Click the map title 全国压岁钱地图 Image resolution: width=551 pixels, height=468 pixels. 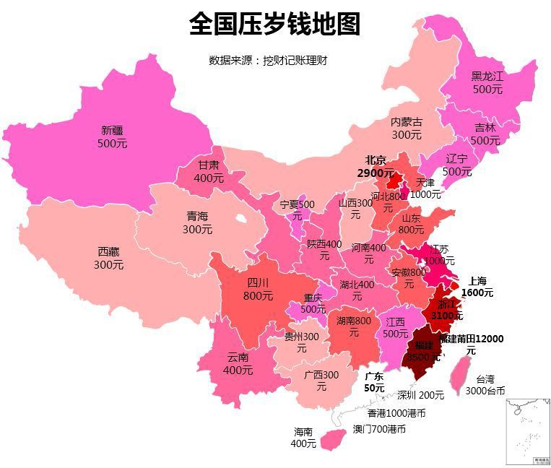click(274, 24)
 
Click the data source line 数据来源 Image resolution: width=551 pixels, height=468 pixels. click(268, 61)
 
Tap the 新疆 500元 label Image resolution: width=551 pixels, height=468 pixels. click(112, 136)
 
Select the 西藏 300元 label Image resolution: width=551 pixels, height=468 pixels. click(108, 258)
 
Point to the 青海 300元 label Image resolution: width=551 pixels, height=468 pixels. click(197, 222)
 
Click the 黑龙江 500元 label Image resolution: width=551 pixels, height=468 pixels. click(487, 82)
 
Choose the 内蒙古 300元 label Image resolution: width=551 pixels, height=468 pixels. click(407, 129)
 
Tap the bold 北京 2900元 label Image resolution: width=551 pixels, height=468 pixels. click(376, 166)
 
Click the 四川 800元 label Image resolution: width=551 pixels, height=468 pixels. click(258, 288)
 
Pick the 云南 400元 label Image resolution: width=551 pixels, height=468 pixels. click(238, 363)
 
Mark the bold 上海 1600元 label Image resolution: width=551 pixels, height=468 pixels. click(477, 287)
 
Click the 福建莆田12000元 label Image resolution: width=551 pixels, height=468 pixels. click(471, 344)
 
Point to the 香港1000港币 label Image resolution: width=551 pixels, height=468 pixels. click(396, 414)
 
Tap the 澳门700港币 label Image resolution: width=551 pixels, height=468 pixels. click(379, 429)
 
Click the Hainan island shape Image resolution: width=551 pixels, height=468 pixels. click(331, 437)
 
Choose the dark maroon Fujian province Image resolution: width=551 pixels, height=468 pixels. click(421, 350)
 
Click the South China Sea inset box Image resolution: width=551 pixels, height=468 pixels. click(527, 430)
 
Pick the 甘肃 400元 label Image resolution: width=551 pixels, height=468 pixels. click(209, 171)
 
